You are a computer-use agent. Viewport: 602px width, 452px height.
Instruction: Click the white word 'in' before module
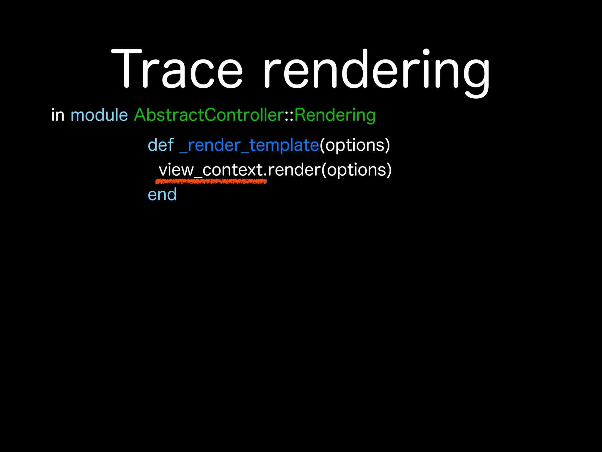[58, 115]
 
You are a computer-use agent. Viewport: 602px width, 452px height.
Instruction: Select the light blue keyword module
[99, 115]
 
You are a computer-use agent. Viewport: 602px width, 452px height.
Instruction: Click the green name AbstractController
[209, 115]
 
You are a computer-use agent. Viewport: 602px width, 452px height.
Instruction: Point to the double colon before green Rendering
[289, 116]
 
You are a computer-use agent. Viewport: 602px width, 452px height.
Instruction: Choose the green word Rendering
[335, 115]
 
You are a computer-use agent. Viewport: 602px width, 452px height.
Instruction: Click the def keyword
[160, 145]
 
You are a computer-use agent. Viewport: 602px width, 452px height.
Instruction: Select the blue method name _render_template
[249, 145]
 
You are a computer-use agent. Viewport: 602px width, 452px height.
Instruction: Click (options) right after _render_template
[354, 145]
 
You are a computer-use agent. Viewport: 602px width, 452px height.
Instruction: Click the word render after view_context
[294, 170]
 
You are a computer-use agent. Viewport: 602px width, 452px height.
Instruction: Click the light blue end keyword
[162, 195]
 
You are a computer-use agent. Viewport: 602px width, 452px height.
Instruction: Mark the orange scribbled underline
[211, 182]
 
